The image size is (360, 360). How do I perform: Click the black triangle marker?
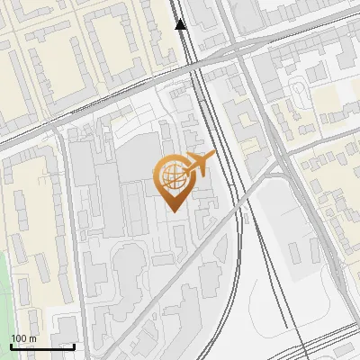point(181,24)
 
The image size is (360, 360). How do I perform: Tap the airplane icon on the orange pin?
point(199,164)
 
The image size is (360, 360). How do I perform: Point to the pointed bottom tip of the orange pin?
point(171,211)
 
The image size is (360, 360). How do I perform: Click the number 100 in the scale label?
point(20,337)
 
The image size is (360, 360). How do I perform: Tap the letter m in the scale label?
point(33,337)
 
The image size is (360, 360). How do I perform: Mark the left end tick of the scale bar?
point(11,346)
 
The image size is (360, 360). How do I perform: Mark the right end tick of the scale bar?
point(74,346)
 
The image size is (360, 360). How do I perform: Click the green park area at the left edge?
point(7,288)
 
